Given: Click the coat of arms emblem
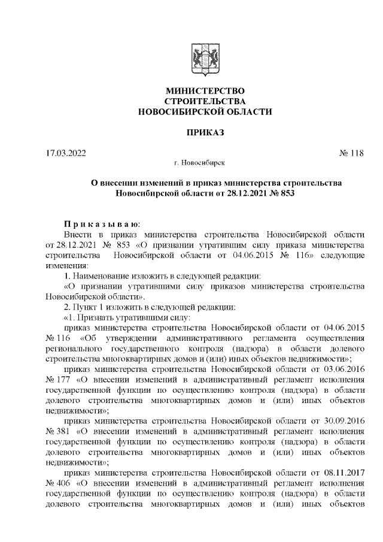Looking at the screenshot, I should click(x=205, y=59).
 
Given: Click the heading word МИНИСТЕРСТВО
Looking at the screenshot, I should click(x=205, y=90).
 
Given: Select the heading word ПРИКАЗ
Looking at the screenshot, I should click(x=205, y=132).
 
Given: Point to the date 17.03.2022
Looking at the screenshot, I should click(x=66, y=153).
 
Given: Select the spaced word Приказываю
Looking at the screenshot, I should click(x=101, y=222).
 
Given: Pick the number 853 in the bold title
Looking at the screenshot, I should click(x=286, y=193).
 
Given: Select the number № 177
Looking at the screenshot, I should click(x=58, y=380).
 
